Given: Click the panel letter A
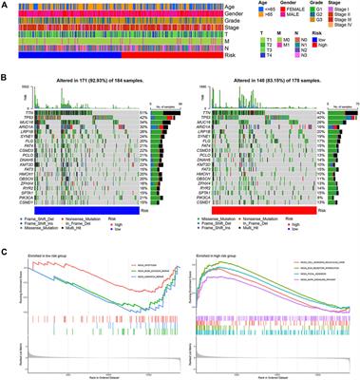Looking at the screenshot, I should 5,5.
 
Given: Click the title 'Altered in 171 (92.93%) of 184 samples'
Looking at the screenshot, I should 90,87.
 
